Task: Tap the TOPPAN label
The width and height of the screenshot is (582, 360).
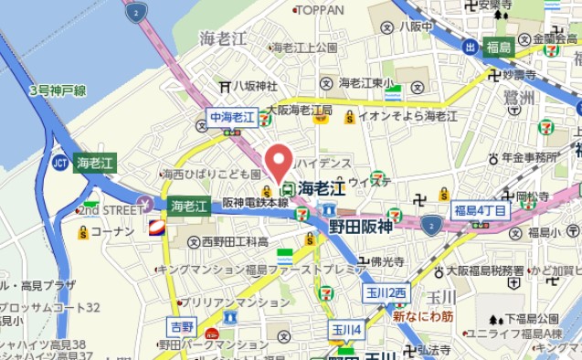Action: (x=320, y=10)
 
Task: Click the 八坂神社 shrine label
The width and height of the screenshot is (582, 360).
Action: (x=254, y=86)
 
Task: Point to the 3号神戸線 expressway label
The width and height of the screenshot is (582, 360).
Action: (x=58, y=90)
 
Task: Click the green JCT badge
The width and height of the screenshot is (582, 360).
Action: (x=60, y=163)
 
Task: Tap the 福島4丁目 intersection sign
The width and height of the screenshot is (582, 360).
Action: (x=480, y=210)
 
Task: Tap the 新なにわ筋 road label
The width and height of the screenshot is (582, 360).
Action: (x=423, y=316)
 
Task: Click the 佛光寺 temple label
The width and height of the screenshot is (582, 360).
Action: (x=388, y=261)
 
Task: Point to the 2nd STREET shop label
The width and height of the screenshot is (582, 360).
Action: (x=111, y=210)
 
